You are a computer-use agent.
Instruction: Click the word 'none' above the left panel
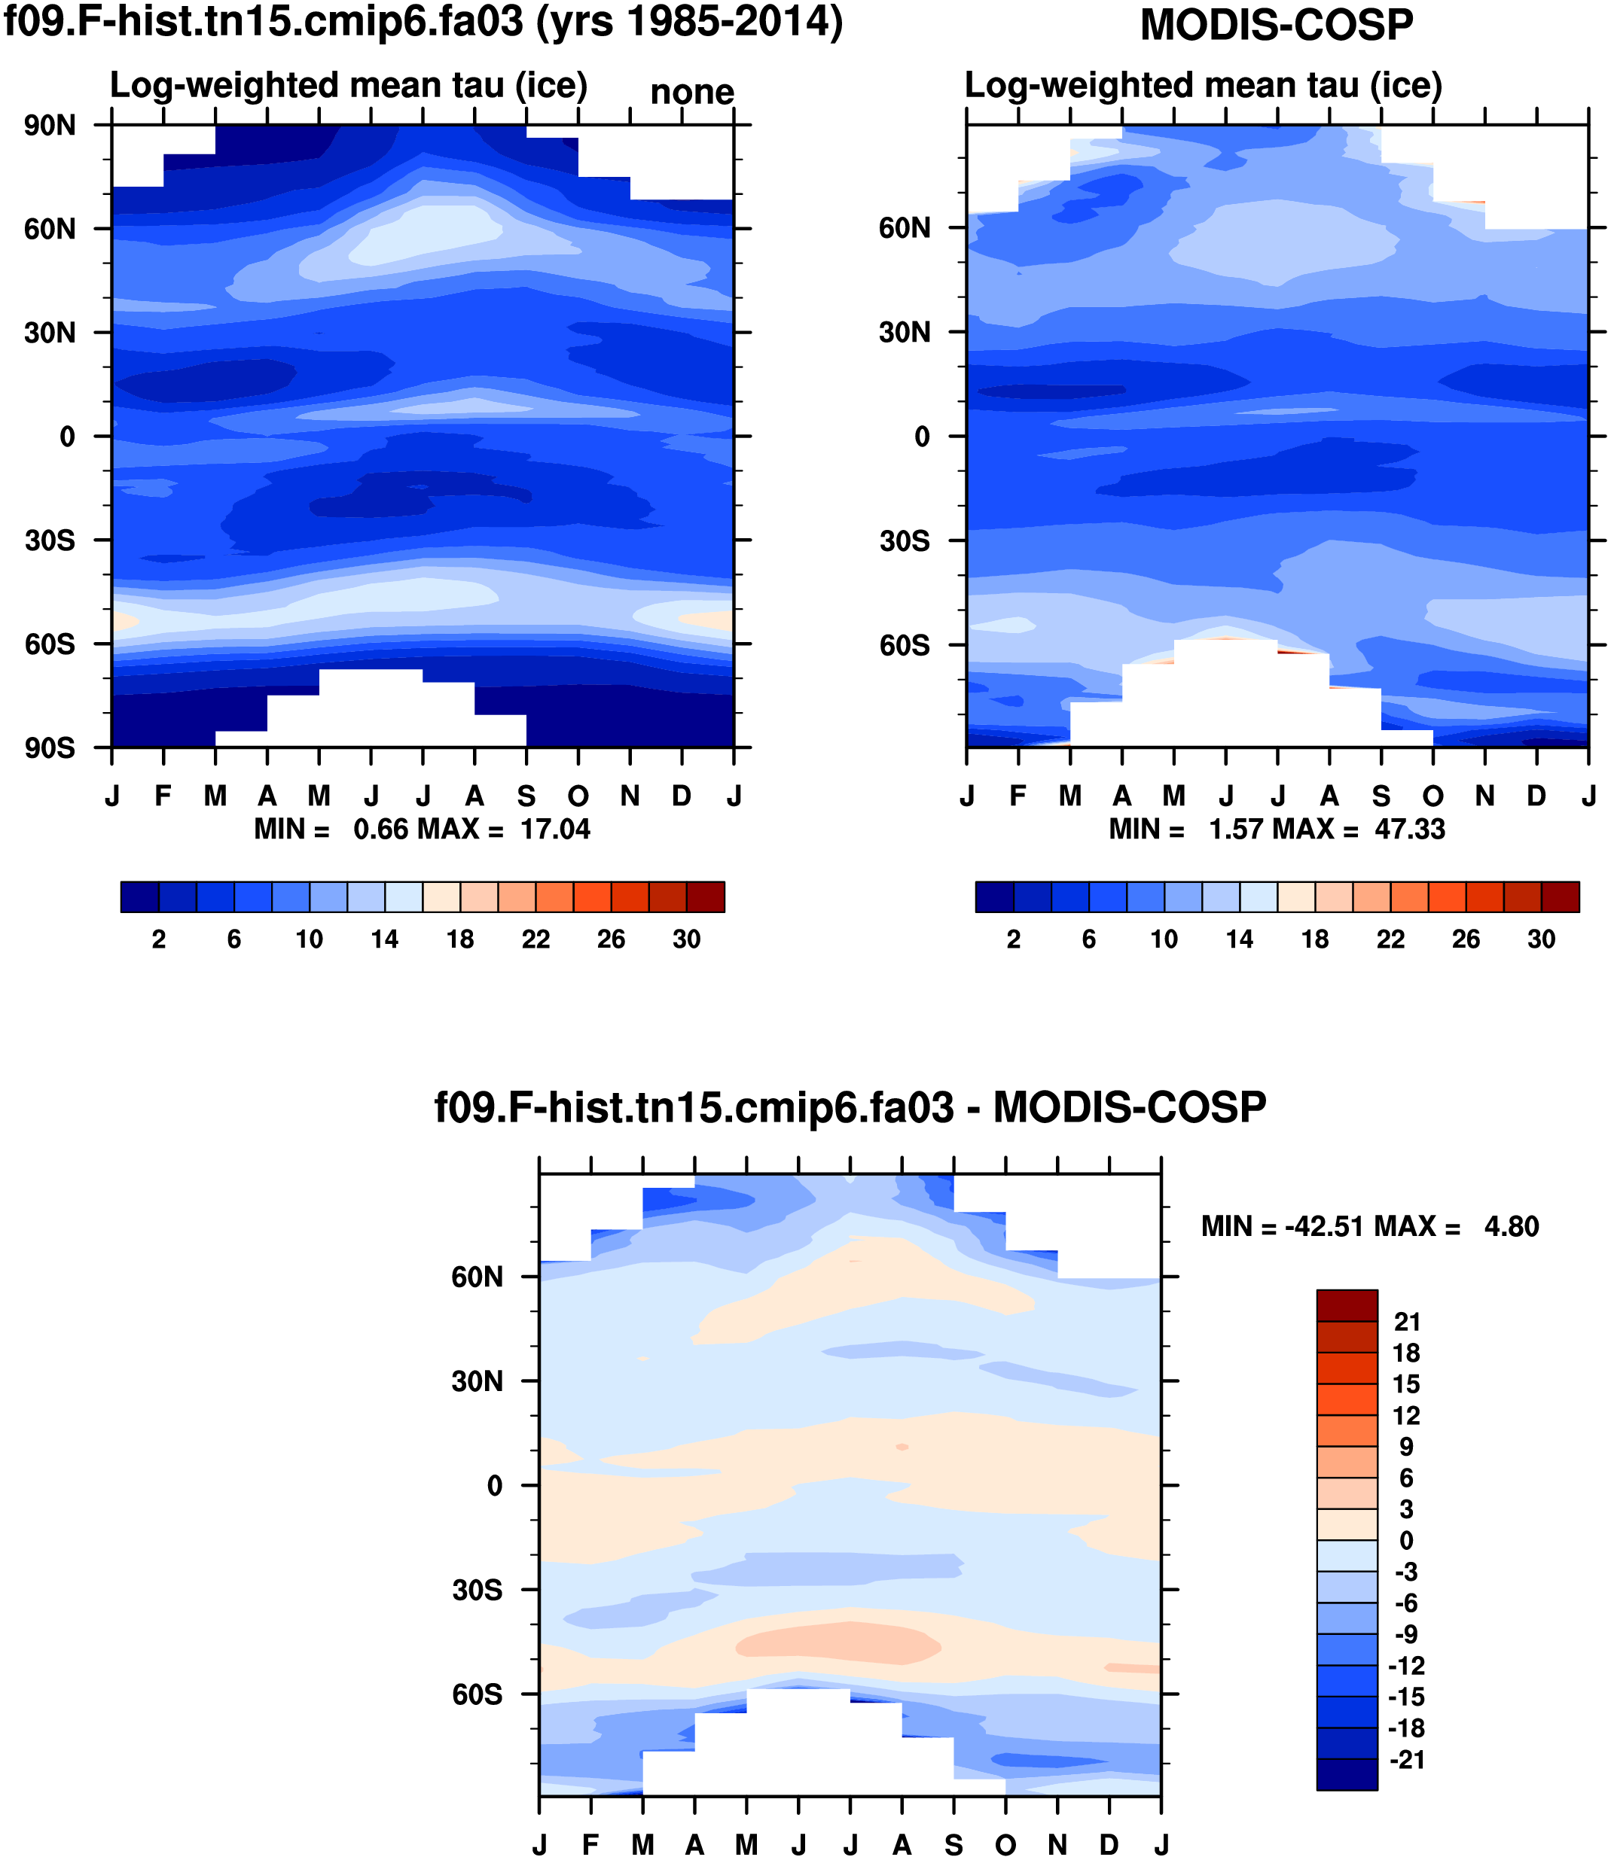point(691,92)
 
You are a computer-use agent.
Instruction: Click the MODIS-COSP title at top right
point(1277,24)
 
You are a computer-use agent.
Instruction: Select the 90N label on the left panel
point(50,125)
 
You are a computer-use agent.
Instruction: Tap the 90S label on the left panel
point(50,747)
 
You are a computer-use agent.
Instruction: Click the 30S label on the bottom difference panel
point(478,1590)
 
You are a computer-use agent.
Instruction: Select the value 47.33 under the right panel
point(1410,829)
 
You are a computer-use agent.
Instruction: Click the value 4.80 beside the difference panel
point(1512,1226)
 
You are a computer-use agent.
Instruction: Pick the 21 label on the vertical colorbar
point(1407,1322)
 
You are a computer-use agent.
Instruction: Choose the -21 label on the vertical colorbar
point(1407,1759)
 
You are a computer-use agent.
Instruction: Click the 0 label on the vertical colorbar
point(1406,1540)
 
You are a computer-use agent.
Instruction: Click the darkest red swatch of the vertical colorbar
point(1347,1305)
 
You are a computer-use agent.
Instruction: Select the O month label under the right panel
point(1433,796)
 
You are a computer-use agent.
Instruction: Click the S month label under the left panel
point(526,796)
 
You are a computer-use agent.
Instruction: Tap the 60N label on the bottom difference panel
point(478,1277)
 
